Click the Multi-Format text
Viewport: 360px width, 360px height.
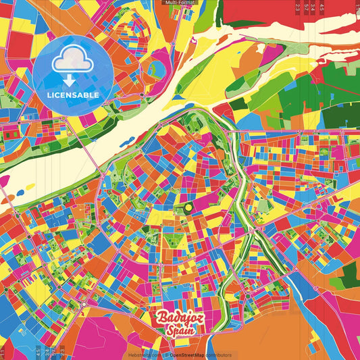[180, 3]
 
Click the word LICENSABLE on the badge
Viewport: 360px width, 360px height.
[73, 94]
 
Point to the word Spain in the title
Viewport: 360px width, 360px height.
[181, 330]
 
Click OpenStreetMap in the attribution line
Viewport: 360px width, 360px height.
[188, 355]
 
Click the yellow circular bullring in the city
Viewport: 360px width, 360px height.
[188, 205]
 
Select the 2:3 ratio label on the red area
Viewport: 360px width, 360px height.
[298, 7]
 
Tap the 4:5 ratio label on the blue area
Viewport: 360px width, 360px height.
[37, 352]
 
